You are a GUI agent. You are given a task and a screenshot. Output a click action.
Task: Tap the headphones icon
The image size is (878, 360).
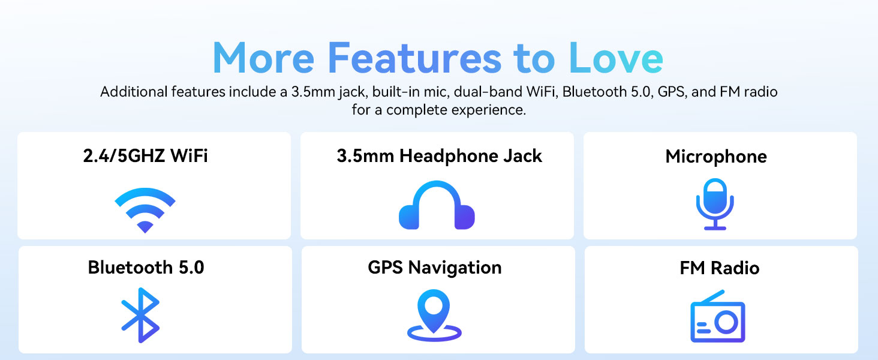437,205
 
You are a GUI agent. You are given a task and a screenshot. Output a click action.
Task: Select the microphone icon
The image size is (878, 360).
715,204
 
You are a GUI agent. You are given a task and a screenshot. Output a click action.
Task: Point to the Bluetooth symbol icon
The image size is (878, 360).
141,315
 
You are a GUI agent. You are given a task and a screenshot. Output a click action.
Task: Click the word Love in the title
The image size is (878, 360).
615,59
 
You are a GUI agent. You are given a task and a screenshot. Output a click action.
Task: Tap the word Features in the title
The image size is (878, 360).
414,59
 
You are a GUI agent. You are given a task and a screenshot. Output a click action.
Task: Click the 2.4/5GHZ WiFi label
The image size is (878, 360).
145,156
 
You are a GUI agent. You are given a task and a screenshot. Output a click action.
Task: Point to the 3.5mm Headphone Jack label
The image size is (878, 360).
439,156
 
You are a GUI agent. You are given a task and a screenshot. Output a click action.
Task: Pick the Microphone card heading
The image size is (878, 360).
716,157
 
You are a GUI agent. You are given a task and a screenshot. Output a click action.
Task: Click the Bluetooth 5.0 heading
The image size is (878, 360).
146,267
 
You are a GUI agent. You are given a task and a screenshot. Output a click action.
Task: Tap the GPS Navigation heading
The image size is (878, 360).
435,267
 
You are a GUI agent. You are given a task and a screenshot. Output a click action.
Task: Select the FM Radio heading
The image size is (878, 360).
720,268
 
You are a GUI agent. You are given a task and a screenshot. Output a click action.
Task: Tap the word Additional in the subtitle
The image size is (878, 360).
134,92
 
